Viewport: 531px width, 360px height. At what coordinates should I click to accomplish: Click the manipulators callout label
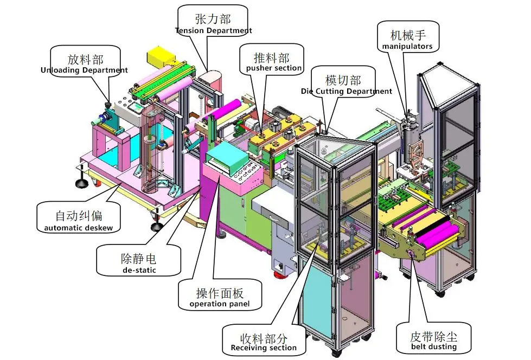[x=407, y=40]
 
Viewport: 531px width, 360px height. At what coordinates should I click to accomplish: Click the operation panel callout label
[x=219, y=297]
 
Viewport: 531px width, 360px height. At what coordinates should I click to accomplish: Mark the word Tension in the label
[x=189, y=31]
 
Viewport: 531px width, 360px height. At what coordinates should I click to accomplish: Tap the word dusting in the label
[x=443, y=347]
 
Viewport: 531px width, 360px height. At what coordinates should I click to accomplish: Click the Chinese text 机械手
[x=407, y=35]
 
